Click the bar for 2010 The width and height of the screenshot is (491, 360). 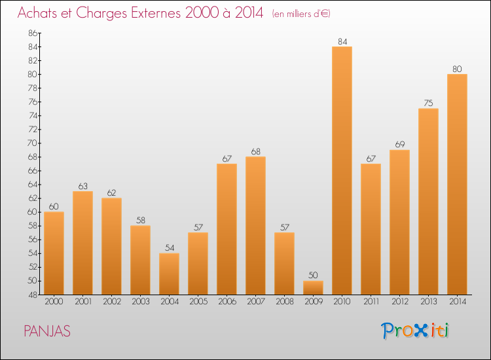342,170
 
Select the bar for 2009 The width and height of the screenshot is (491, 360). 313,287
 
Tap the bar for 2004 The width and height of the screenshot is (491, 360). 169,274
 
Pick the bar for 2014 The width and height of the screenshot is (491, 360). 457,184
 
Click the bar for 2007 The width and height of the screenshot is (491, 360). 255,225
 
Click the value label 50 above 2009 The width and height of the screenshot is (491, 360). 313,276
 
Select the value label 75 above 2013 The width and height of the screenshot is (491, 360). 428,103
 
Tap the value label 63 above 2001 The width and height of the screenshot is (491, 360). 82,186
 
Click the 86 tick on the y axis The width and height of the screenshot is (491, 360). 33,33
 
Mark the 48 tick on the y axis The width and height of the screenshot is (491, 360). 33,295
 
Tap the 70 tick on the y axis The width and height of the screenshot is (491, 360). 33,143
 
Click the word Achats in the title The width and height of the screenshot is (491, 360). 38,13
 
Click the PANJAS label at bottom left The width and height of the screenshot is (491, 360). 47,331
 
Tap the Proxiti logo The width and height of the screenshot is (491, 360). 416,331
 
